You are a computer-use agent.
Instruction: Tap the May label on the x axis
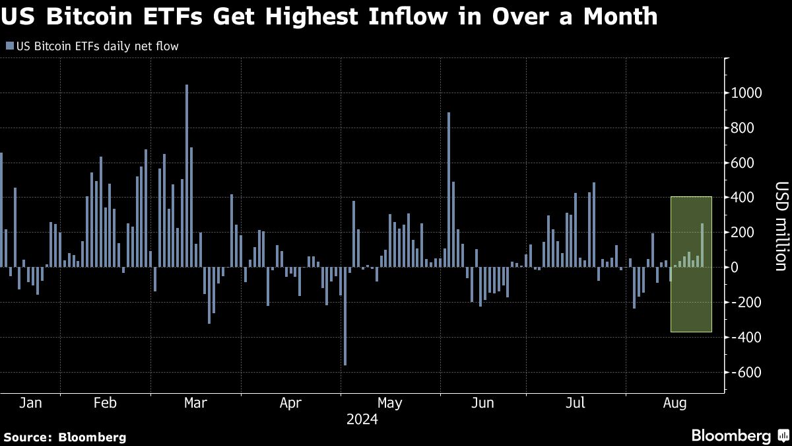(x=389, y=403)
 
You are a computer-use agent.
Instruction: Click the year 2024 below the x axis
(x=362, y=420)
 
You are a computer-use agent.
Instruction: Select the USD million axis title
(x=779, y=226)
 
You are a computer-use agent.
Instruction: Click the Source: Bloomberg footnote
(x=65, y=437)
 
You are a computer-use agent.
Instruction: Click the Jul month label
(x=576, y=403)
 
